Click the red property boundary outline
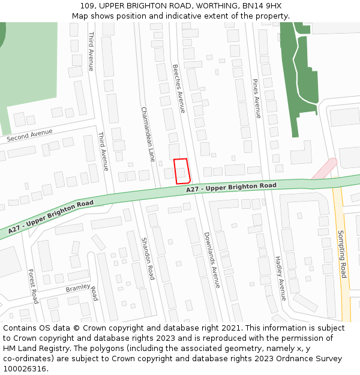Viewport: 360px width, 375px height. point(182,171)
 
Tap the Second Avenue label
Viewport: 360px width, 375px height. point(29,135)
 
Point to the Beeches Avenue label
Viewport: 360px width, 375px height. point(178,89)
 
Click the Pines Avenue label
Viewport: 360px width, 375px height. point(257,98)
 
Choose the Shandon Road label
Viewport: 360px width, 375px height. point(148,258)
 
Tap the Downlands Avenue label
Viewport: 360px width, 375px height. point(212,260)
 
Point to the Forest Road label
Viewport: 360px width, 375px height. point(34,286)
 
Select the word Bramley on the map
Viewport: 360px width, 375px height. point(77,289)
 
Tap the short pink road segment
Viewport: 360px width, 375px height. point(324,168)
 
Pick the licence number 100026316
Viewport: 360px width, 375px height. point(25,369)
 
